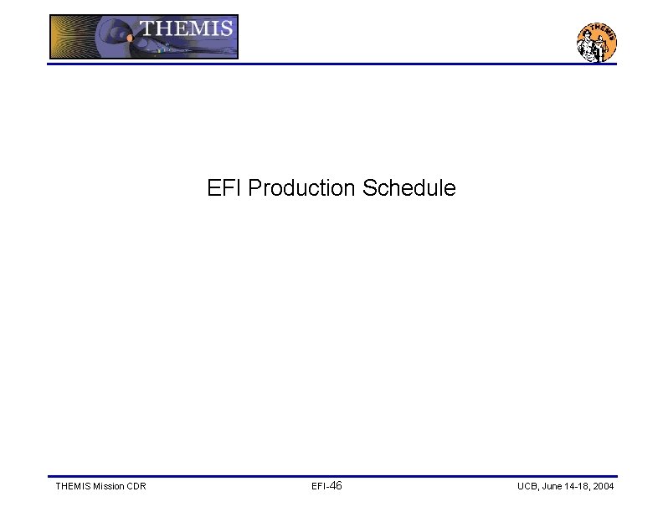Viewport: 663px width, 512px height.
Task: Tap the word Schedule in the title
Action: click(x=409, y=188)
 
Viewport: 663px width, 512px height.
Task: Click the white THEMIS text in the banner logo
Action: click(x=186, y=28)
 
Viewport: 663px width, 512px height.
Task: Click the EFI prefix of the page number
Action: click(x=318, y=486)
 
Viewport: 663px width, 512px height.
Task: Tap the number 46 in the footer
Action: click(x=335, y=486)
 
